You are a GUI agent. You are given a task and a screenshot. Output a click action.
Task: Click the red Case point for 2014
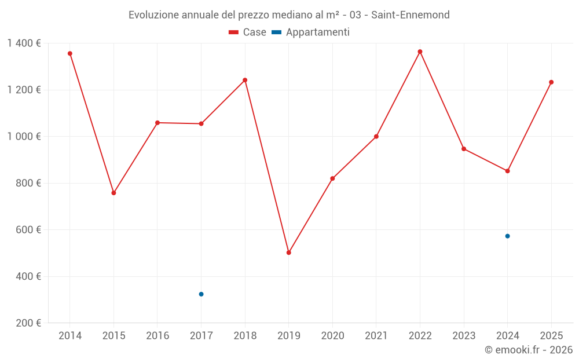[70, 53]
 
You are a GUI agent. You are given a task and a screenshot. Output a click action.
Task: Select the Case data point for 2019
[289, 253]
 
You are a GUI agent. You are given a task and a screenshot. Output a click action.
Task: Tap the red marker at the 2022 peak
[420, 52]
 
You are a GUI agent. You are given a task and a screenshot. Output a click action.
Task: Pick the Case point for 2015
[113, 193]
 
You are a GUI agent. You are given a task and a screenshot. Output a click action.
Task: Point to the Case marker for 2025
[551, 82]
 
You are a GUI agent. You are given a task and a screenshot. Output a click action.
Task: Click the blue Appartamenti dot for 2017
[201, 294]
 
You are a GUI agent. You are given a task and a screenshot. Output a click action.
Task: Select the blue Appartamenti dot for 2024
[507, 236]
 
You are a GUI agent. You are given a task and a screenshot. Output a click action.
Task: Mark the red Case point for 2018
[245, 80]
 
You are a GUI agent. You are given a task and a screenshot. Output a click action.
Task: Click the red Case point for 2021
[376, 137]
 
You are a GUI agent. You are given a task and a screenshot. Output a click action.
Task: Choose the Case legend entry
[248, 32]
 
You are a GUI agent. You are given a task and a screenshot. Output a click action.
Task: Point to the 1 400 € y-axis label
[24, 43]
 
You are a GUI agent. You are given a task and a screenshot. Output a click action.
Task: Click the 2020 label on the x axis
[332, 336]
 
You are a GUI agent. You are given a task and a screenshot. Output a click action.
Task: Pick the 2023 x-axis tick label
[464, 336]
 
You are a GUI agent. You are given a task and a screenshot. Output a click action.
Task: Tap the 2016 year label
[157, 336]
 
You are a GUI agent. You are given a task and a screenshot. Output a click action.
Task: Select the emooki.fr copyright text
[528, 350]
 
